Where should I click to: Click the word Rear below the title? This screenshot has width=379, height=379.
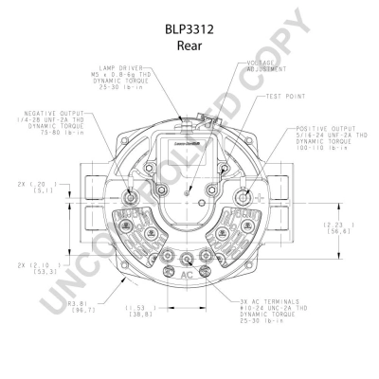click(189, 45)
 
